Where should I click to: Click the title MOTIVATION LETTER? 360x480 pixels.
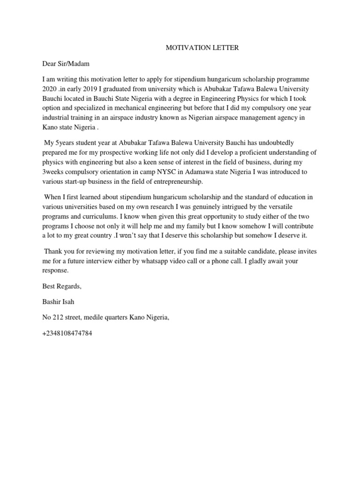pyautogui.click(x=203, y=48)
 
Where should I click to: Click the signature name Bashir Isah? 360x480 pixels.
pyautogui.click(x=58, y=302)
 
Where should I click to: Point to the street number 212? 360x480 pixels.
pyautogui.click(x=58, y=318)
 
